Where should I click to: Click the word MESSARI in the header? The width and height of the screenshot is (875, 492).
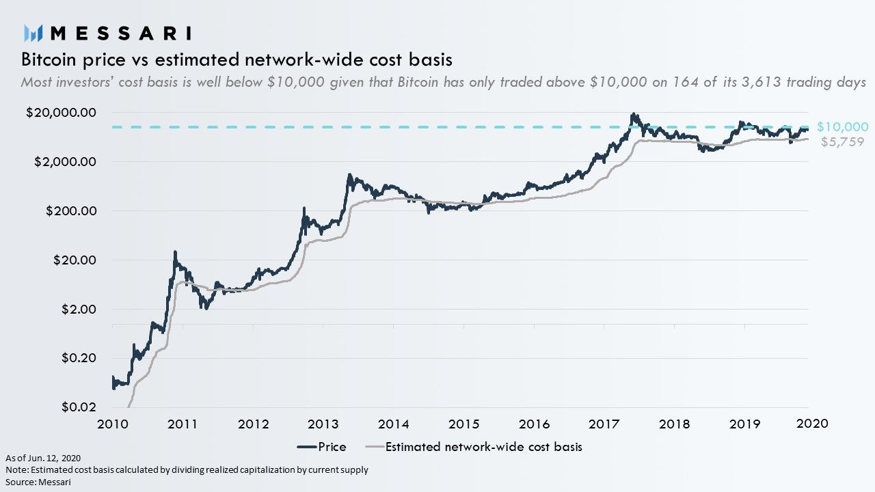point(121,33)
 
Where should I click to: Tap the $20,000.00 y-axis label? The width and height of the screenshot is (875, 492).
point(62,113)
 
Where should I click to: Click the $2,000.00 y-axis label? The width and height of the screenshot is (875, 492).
point(65,162)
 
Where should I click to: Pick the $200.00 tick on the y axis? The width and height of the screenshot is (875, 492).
point(72,211)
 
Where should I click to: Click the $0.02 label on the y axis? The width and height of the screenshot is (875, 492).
point(78,408)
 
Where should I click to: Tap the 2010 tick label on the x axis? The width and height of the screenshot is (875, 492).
point(112,424)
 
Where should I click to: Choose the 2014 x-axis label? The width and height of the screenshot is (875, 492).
point(393,424)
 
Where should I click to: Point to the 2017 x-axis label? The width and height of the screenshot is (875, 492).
point(604,424)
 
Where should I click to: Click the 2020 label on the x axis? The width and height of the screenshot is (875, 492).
point(813,424)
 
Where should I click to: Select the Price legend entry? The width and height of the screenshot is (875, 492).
point(321,447)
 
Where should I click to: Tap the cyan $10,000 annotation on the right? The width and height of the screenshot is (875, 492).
point(843,127)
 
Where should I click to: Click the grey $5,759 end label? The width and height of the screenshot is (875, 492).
point(842,142)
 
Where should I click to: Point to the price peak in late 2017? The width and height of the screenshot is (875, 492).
point(634,114)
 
